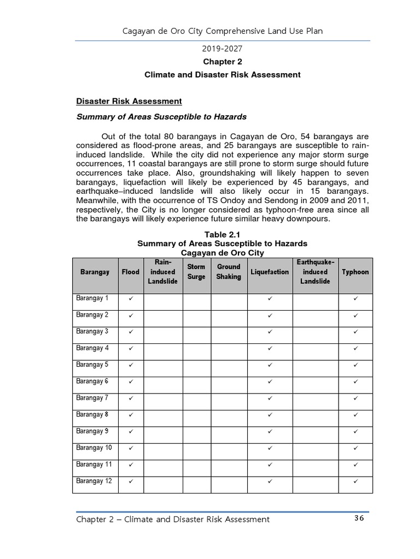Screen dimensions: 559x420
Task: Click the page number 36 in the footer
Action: pyautogui.click(x=358, y=519)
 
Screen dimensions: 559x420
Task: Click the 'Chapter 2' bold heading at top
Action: pyautogui.click(x=222, y=62)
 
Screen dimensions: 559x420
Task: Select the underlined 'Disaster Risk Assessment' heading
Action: pyautogui.click(x=129, y=102)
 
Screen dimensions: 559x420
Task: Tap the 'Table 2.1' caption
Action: pyautogui.click(x=222, y=235)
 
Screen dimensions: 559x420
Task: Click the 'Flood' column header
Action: pyautogui.click(x=130, y=272)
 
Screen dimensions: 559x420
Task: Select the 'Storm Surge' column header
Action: pyautogui.click(x=196, y=272)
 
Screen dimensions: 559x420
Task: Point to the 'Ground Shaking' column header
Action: pyautogui.click(x=229, y=272)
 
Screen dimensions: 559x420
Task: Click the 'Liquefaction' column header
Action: pyautogui.click(x=270, y=272)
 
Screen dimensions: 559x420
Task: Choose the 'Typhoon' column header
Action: pyautogui.click(x=355, y=272)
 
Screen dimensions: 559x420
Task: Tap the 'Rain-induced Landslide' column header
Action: pyautogui.click(x=163, y=272)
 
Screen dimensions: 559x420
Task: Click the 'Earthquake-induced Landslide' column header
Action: pyautogui.click(x=315, y=272)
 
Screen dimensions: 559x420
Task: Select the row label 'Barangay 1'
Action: pyautogui.click(x=92, y=299)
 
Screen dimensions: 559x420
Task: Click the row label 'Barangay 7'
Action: pyautogui.click(x=92, y=398)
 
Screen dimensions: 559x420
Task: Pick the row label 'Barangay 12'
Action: pyautogui.click(x=94, y=481)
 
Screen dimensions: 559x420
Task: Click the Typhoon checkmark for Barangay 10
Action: pyautogui.click(x=355, y=449)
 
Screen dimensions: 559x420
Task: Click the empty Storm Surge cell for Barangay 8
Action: pyautogui.click(x=196, y=415)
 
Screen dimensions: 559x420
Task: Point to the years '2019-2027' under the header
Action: pyautogui.click(x=222, y=49)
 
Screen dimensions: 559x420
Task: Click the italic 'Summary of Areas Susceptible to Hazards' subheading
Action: pyautogui.click(x=161, y=117)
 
